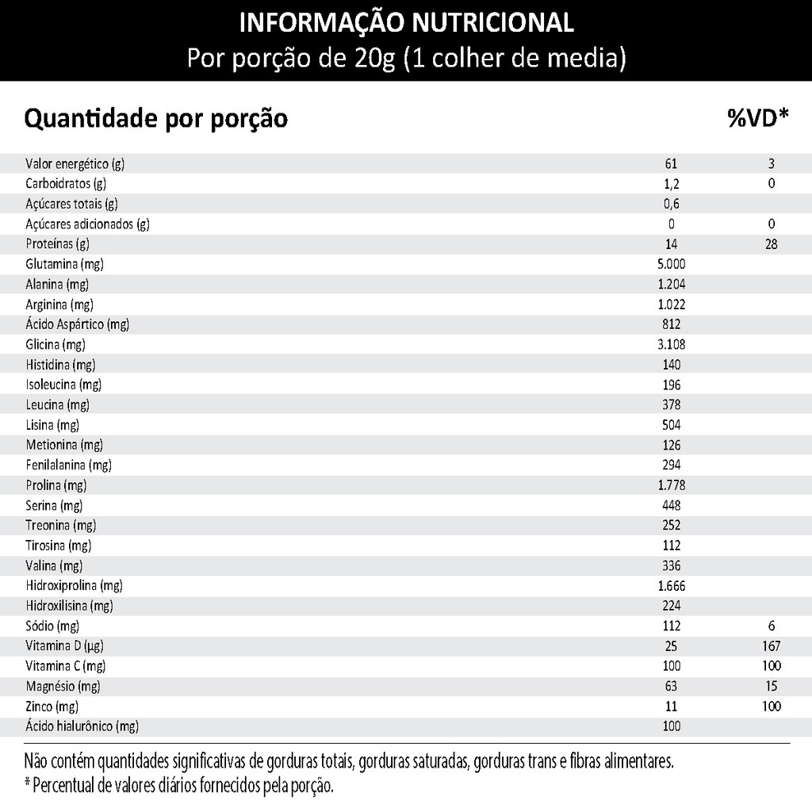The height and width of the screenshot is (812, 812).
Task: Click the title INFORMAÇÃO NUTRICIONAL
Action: click(x=406, y=23)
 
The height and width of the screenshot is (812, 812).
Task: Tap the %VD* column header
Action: click(x=757, y=118)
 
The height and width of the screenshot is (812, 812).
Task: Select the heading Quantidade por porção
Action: click(x=156, y=119)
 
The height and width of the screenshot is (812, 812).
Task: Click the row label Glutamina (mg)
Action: click(x=64, y=264)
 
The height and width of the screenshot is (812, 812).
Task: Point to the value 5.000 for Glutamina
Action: click(x=671, y=264)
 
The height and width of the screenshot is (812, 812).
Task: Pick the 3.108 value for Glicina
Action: click(x=671, y=344)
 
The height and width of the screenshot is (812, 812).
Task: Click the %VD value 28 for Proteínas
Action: click(x=771, y=244)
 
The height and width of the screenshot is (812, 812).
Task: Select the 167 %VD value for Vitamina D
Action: click(x=771, y=646)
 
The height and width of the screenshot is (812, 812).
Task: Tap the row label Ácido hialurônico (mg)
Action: click(x=82, y=726)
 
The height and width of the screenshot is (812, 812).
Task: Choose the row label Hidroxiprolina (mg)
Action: click(x=74, y=586)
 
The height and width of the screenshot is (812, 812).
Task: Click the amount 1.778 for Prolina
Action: click(x=671, y=485)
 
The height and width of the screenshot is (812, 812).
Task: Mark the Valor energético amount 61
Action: click(x=671, y=164)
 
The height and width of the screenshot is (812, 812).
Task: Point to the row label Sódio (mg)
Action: click(x=53, y=626)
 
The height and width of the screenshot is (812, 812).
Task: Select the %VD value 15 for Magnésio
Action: click(x=771, y=687)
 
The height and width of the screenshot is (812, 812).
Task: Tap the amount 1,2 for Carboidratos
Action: click(x=671, y=184)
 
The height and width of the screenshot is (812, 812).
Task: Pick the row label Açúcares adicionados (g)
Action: click(x=87, y=224)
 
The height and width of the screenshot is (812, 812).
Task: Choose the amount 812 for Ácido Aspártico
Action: click(x=671, y=324)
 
